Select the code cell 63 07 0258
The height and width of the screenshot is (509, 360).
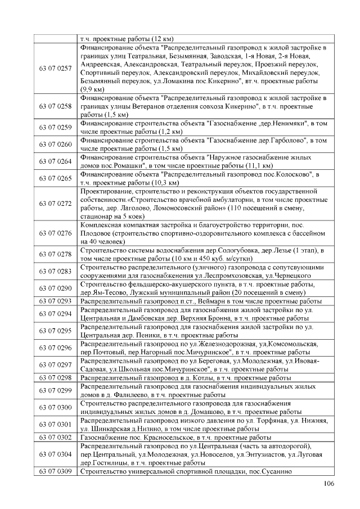[x=55, y=106]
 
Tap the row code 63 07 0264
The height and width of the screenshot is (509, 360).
[x=55, y=161]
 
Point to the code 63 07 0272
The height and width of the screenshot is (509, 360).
[x=55, y=203]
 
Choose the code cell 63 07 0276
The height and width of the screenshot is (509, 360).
[x=55, y=233]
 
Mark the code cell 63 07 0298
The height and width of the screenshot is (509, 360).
[x=55, y=378]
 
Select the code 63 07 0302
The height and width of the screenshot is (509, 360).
[x=55, y=437]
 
